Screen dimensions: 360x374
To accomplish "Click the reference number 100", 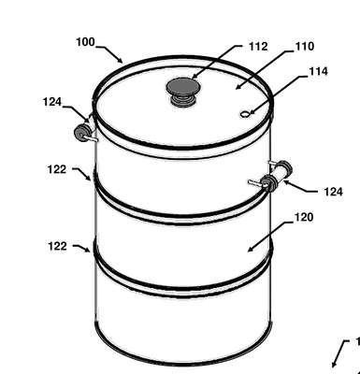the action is [85, 42].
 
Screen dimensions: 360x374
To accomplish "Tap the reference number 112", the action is [258, 47].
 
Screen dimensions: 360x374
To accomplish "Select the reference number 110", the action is [305, 46].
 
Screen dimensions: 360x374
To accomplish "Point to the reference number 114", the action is [318, 71].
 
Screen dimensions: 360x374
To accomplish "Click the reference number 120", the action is [304, 217].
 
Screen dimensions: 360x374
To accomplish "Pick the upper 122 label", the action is [57, 169].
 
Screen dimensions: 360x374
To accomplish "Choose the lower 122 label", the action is [57, 246].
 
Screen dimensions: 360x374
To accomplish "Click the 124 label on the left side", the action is [52, 102].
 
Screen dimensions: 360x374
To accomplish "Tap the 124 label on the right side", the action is [333, 192].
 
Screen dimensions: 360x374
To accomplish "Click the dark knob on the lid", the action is [183, 91].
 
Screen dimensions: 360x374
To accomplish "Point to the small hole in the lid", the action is [244, 115].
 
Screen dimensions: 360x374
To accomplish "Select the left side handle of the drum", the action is [84, 134].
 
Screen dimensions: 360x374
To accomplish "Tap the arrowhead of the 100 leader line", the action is [120, 59].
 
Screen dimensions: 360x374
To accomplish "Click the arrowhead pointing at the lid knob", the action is [194, 76].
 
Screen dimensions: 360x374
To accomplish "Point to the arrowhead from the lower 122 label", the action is [88, 250].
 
